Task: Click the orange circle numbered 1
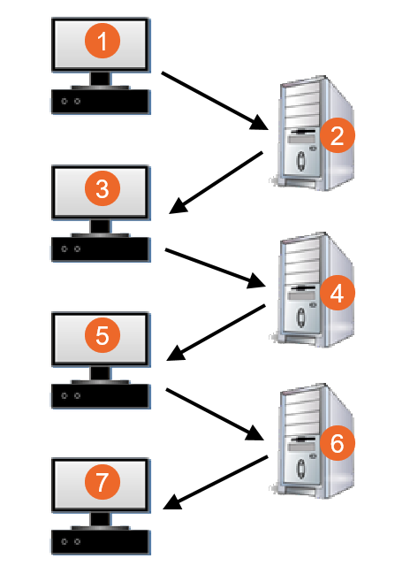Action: tap(103, 41)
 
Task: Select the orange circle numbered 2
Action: tap(338, 135)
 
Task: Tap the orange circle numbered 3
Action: tap(103, 188)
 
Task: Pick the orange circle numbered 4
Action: tap(338, 292)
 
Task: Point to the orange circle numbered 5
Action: tap(103, 335)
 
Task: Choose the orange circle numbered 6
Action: tap(338, 442)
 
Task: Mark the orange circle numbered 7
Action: tap(103, 482)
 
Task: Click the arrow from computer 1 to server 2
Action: tap(215, 101)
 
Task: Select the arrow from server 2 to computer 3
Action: tap(216, 183)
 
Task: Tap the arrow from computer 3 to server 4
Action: tap(216, 268)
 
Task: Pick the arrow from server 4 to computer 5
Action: tap(216, 333)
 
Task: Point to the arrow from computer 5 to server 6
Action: tap(215, 415)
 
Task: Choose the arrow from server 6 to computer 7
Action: tap(216, 483)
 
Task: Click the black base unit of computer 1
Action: tap(100, 102)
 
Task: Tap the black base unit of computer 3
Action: tap(100, 249)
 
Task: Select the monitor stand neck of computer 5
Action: tap(100, 373)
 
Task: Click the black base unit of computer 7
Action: tap(100, 542)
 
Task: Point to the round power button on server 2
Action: tap(300, 161)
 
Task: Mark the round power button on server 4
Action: tap(300, 317)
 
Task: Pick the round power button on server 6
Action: tap(300, 468)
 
